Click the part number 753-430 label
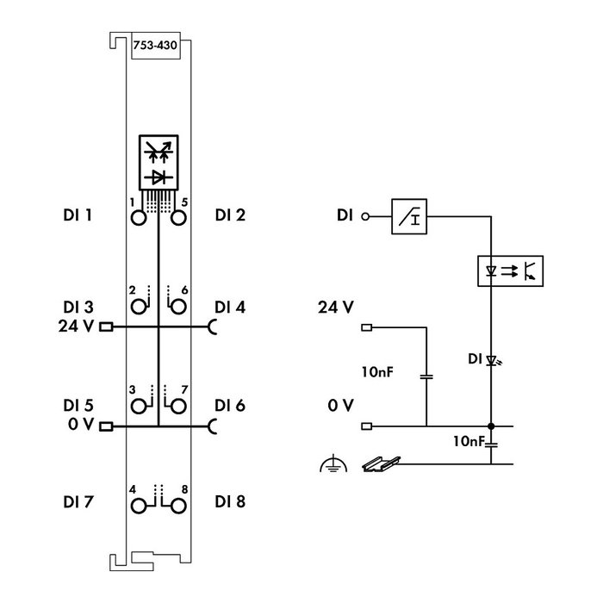pyautogui.click(x=155, y=46)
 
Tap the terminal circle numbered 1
pyautogui.click(x=139, y=218)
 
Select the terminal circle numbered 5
pyautogui.click(x=178, y=218)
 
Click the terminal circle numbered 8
pyautogui.click(x=178, y=507)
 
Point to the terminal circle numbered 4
pyautogui.click(x=139, y=507)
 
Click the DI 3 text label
pyautogui.click(x=78, y=308)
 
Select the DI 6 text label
pyautogui.click(x=230, y=406)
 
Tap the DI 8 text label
pyautogui.click(x=230, y=502)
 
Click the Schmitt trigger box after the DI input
pyautogui.click(x=409, y=216)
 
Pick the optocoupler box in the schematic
pyautogui.click(x=510, y=270)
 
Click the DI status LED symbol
pyautogui.click(x=493, y=361)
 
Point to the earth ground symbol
pyautogui.click(x=333, y=463)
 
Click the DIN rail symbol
pyautogui.click(x=381, y=463)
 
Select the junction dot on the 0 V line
pyautogui.click(x=491, y=426)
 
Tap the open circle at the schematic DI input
pyautogui.click(x=365, y=216)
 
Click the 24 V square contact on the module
pyautogui.click(x=106, y=326)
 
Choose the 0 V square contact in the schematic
pyautogui.click(x=367, y=426)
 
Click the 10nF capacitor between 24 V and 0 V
pyautogui.click(x=426, y=376)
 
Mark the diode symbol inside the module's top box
pyautogui.click(x=159, y=177)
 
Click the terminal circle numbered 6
pyautogui.click(x=178, y=307)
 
